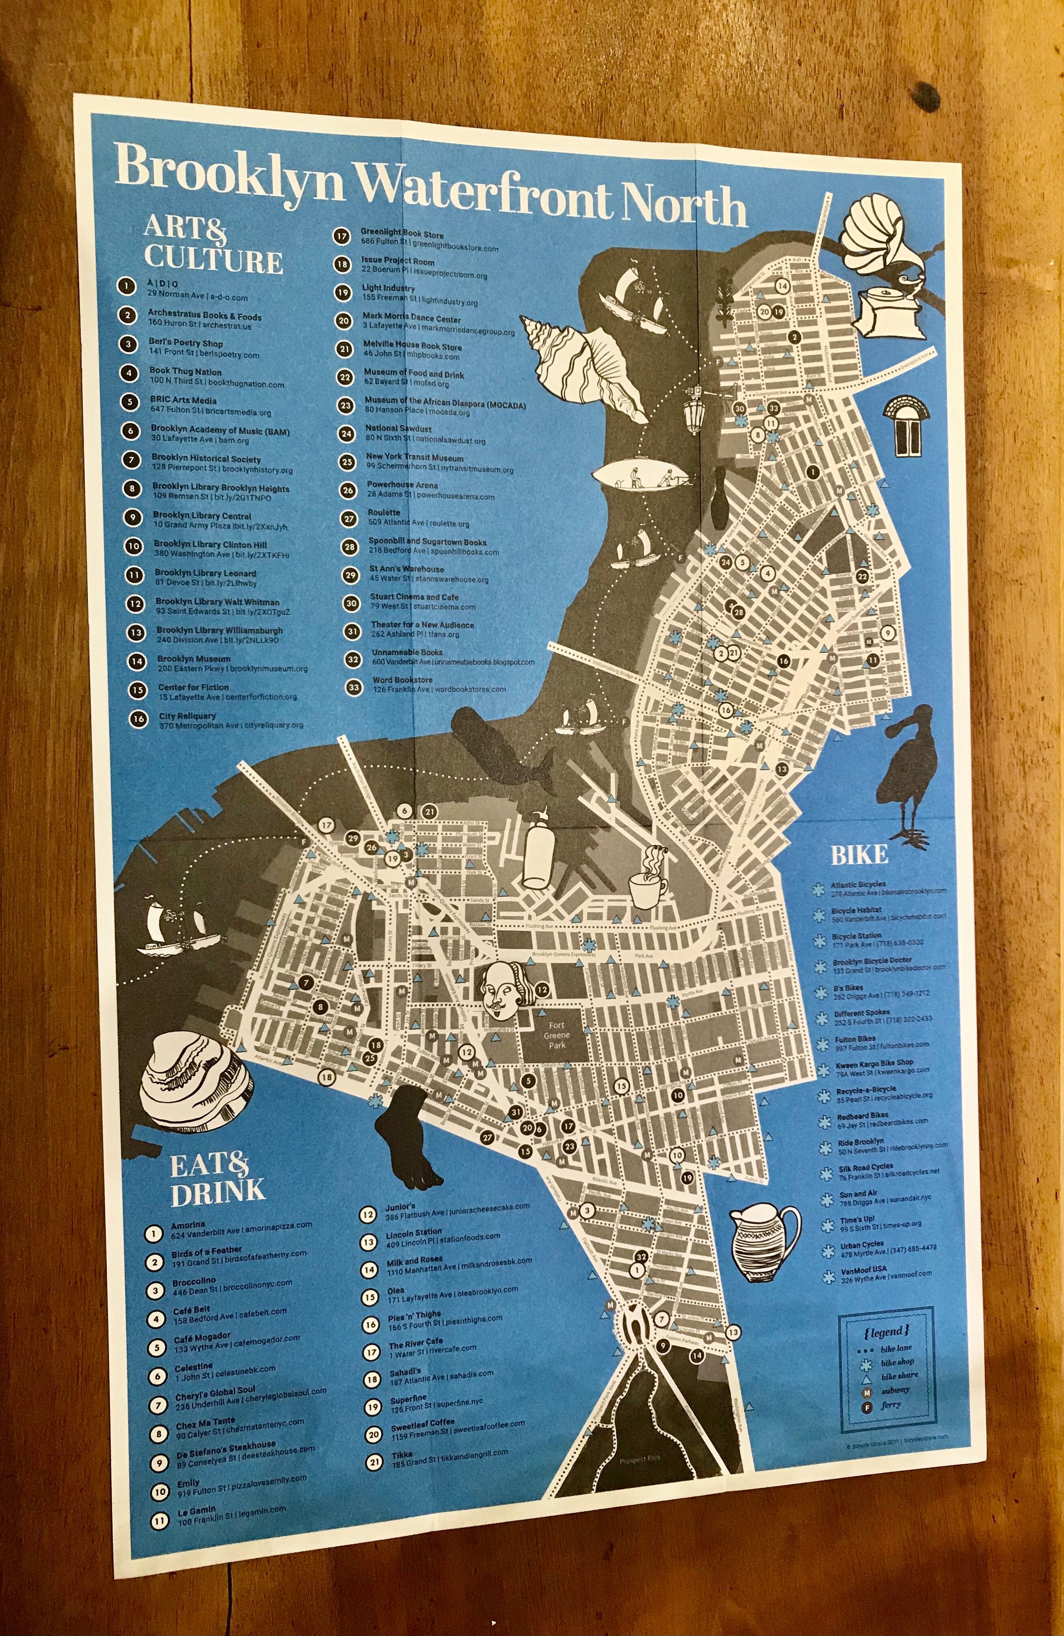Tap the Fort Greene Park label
[557, 1040]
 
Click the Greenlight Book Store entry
[402, 234]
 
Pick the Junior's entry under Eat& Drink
[401, 1207]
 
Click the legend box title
[887, 1331]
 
